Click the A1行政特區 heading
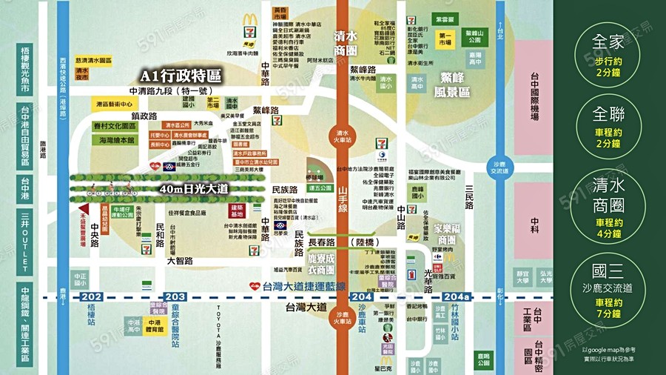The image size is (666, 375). [182, 76]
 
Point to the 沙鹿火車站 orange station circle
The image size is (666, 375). [342, 316]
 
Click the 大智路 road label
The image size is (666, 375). [179, 261]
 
